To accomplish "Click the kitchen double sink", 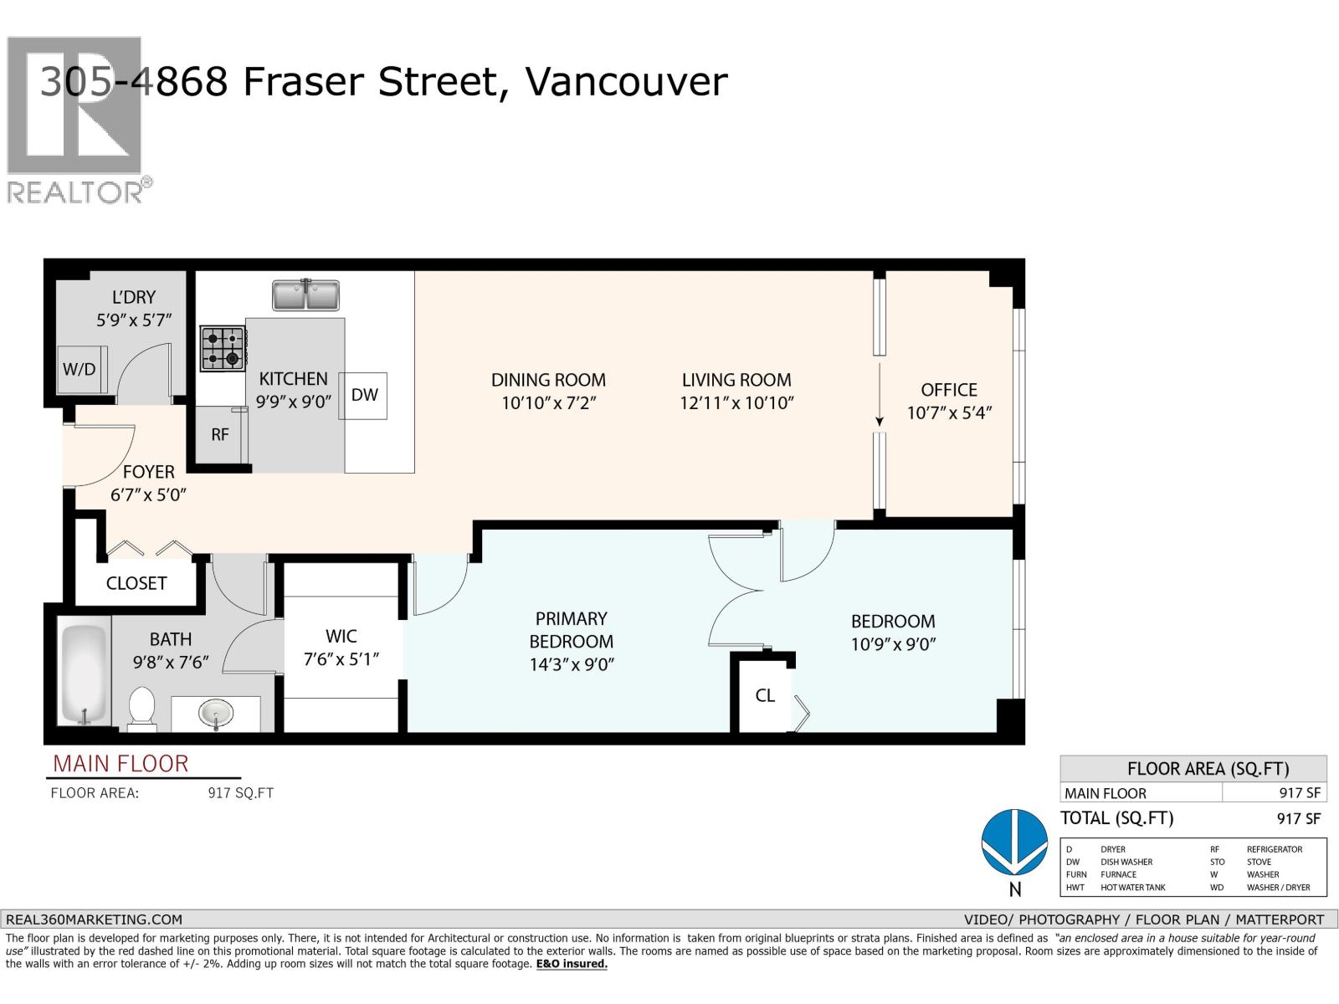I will [306, 295].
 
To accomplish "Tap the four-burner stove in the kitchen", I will [223, 348].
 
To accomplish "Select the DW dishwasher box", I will [364, 395].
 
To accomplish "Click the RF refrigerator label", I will [219, 435].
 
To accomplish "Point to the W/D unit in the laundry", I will [79, 369].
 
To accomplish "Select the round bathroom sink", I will [216, 715].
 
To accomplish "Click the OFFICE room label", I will [949, 390].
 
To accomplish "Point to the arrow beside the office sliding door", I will [880, 393].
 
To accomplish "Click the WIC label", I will [341, 637].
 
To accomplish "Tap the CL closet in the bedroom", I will [765, 695].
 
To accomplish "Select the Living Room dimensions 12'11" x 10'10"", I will [736, 402].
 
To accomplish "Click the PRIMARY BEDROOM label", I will [572, 630].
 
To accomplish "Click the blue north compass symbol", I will [1014, 841].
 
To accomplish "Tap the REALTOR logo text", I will [75, 192].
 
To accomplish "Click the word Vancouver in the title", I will [626, 82].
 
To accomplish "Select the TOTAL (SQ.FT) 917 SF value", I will [1299, 818].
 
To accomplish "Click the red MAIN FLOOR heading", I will [121, 764].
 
